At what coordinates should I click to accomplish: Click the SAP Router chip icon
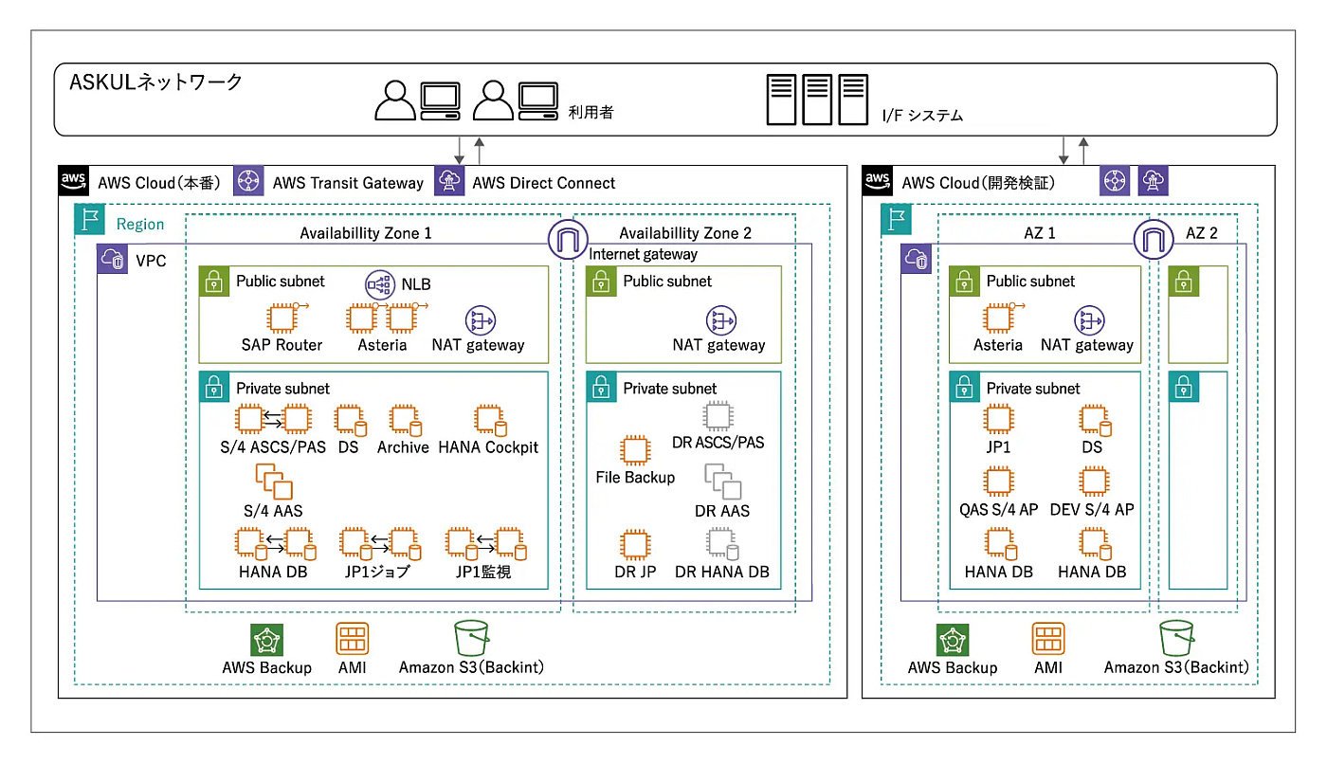[x=282, y=318]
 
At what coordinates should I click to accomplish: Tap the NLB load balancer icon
[x=380, y=284]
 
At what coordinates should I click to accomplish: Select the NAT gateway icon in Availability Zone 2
[x=721, y=320]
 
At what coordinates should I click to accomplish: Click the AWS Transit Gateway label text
[x=348, y=183]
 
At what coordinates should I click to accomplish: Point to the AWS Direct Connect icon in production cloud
[x=449, y=180]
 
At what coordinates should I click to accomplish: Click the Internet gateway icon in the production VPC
[x=568, y=239]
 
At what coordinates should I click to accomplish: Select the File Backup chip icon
[x=635, y=450]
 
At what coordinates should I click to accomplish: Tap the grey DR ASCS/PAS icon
[x=718, y=416]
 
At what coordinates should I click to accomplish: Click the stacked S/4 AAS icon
[x=274, y=481]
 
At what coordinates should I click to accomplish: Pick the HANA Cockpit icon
[x=491, y=421]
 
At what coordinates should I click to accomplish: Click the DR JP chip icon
[x=635, y=544]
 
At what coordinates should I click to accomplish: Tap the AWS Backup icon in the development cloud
[x=953, y=640]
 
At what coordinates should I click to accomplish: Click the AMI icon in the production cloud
[x=353, y=639]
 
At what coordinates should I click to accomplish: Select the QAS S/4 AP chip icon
[x=998, y=481]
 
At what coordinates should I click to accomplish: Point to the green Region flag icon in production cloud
[x=89, y=219]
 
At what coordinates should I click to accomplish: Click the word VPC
[x=151, y=262]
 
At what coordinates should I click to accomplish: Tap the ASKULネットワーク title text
[x=155, y=82]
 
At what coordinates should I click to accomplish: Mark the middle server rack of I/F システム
[x=817, y=100]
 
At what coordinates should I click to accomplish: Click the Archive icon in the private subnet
[x=406, y=421]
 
